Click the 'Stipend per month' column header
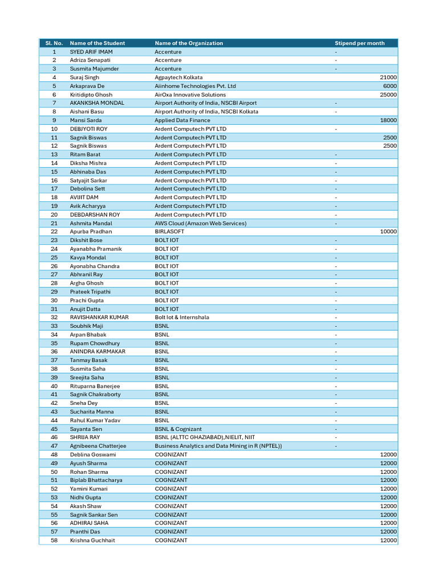[x=359, y=43]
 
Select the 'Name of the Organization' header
[x=189, y=43]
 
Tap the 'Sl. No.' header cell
[x=54, y=43]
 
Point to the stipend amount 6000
[x=390, y=86]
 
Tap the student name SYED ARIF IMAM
[x=91, y=52]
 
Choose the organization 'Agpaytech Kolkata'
[x=179, y=78]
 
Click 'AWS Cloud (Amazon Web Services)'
[x=200, y=224]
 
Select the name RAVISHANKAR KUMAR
[x=99, y=317]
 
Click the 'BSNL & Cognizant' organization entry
[x=177, y=429]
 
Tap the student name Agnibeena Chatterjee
[x=98, y=446]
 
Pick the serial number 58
[x=54, y=540]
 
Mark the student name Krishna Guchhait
[x=92, y=540]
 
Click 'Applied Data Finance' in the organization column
[x=182, y=120]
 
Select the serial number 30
[x=54, y=300]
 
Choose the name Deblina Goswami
[x=93, y=455]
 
